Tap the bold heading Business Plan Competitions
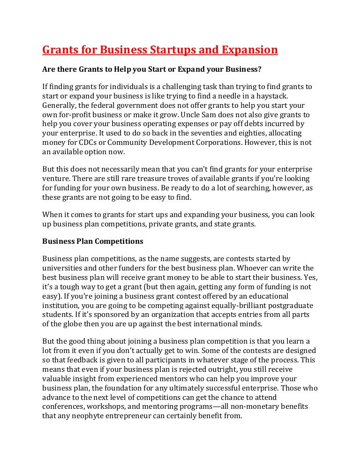pyautogui.click(x=93, y=241)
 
